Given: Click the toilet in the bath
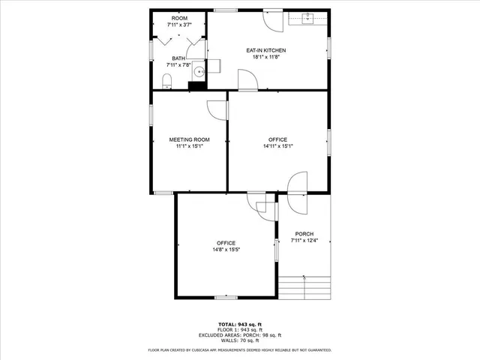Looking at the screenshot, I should coord(168,80).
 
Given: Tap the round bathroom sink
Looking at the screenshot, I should coord(198,73).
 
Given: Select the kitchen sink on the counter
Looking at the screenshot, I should coord(307,18).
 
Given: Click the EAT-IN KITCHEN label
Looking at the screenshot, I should coord(266,50).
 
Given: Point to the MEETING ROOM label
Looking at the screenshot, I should coord(189,139).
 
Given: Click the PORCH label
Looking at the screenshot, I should coord(304,233).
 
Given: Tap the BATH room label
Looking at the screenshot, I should coord(178,58).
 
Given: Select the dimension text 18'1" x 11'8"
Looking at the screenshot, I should coord(266,57).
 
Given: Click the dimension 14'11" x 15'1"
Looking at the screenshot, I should coord(277,146).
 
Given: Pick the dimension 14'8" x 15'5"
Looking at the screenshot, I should coord(226,249).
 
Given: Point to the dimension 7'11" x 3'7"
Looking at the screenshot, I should coord(179,25).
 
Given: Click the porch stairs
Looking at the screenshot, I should coord(304,286).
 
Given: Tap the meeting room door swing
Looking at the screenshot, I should coord(217,109).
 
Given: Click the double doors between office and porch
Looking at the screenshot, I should coord(298,184).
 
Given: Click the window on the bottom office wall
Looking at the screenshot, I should coord(226,298).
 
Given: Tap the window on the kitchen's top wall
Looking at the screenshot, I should coord(223,10).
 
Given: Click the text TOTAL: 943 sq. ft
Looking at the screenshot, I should coord(239,324).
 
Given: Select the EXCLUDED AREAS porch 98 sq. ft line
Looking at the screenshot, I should coord(239,334).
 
